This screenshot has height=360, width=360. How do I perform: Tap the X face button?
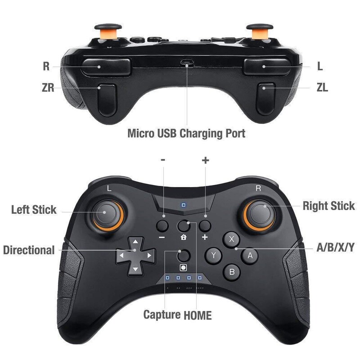click(232, 239)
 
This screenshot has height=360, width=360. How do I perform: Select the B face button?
click(232, 271)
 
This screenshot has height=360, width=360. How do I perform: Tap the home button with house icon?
click(183, 226)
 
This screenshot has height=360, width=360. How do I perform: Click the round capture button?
click(183, 255)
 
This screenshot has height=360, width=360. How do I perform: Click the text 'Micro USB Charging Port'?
click(186, 134)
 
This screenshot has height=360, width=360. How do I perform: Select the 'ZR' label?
click(48, 88)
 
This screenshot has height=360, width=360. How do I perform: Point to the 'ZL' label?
click(322, 88)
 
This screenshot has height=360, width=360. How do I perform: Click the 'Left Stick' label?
click(34, 210)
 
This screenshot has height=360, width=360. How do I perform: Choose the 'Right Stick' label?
click(328, 206)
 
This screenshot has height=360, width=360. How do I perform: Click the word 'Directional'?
click(29, 250)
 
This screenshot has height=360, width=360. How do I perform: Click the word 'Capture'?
click(162, 315)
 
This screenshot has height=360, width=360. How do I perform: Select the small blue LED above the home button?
click(183, 205)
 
